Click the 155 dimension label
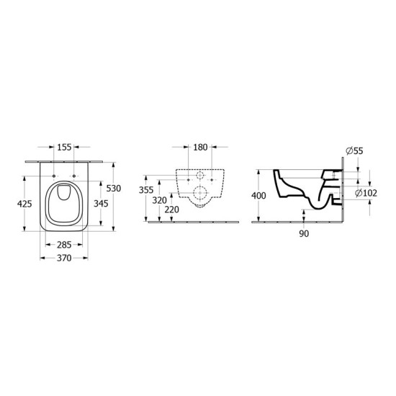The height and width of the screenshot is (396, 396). (x=64, y=147)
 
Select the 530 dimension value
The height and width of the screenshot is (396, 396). (x=113, y=188)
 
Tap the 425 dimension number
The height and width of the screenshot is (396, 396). (x=24, y=204)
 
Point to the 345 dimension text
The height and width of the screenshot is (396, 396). (x=101, y=203)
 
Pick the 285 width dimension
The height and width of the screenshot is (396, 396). (x=64, y=245)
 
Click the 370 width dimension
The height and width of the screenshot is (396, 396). (x=64, y=258)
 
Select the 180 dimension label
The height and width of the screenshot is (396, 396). (x=200, y=147)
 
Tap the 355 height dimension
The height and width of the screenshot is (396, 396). (x=146, y=190)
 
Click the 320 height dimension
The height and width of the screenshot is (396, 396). (x=160, y=201)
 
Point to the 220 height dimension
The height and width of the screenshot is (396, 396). (x=172, y=210)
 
